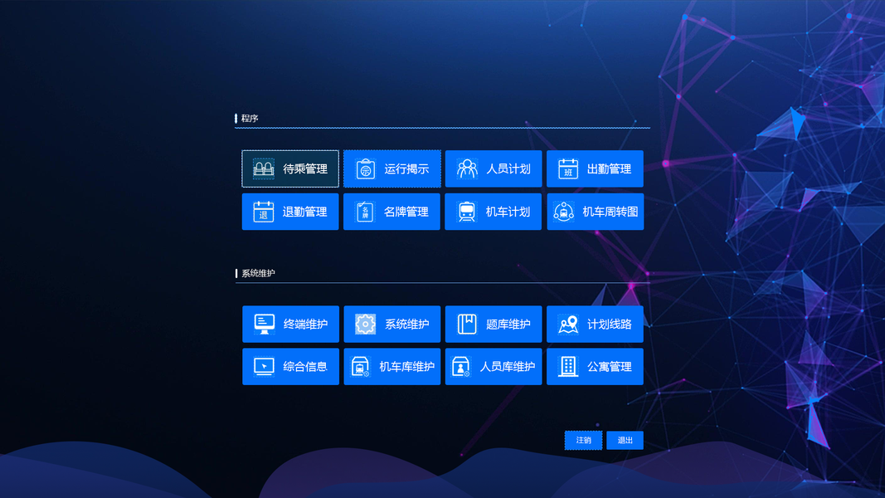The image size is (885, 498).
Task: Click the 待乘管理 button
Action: tap(290, 169)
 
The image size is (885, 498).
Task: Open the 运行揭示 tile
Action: tap(391, 169)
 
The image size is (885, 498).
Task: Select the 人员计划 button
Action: tap(494, 169)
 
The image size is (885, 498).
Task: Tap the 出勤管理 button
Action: tap(595, 169)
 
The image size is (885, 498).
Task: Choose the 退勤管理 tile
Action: tap(290, 212)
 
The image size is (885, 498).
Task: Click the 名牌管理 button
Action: tap(391, 212)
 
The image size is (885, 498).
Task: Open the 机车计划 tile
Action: tap(494, 212)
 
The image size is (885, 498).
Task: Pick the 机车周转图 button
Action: tap(595, 212)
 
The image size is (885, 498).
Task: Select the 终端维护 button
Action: tap(290, 325)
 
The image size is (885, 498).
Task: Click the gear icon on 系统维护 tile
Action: tap(366, 325)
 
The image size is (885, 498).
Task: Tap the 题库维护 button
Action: tap(494, 325)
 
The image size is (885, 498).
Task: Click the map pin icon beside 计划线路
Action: tap(568, 325)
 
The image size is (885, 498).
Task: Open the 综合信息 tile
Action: tap(290, 367)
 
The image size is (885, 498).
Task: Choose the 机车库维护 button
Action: tap(391, 367)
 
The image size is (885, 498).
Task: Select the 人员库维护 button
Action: tap(494, 367)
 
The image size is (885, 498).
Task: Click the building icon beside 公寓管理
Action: tap(568, 367)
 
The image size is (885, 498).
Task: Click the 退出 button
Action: tap(625, 441)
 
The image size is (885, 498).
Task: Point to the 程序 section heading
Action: tap(250, 119)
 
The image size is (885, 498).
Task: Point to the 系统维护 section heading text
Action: tap(258, 273)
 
